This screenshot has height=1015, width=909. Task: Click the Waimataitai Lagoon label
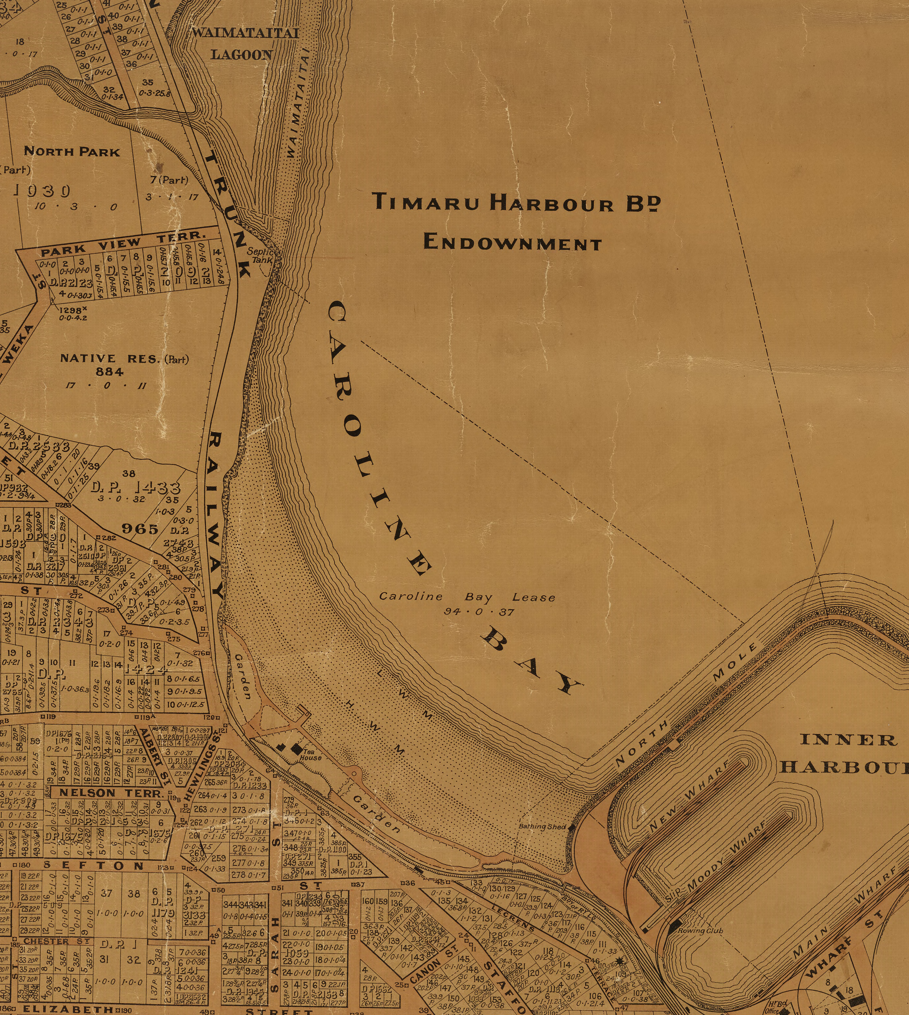(245, 44)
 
